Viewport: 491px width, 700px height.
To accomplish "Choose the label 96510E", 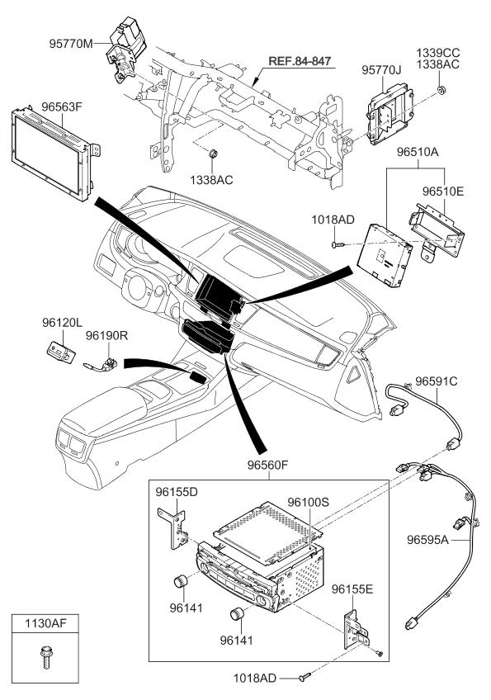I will pyautogui.click(x=443, y=191).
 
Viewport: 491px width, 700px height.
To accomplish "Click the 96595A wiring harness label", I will pyautogui.click(x=428, y=541).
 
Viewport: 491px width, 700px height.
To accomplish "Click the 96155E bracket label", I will pyautogui.click(x=353, y=589).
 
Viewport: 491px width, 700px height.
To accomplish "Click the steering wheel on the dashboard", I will pyautogui.click(x=146, y=291).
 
